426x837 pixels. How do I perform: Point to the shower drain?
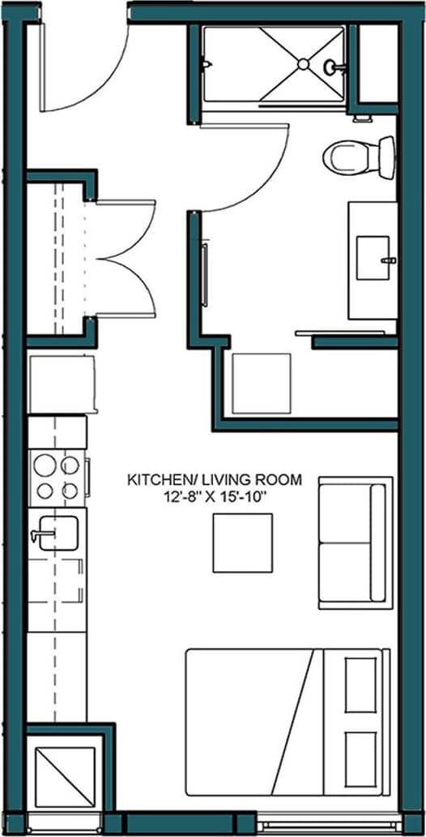click(x=302, y=63)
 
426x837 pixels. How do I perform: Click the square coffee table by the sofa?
click(x=243, y=543)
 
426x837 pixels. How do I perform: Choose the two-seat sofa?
click(x=355, y=542)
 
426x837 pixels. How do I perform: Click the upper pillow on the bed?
click(x=360, y=685)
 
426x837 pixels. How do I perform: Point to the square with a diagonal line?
click(x=64, y=776)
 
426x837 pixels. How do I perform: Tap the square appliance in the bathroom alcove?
click(x=261, y=384)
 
